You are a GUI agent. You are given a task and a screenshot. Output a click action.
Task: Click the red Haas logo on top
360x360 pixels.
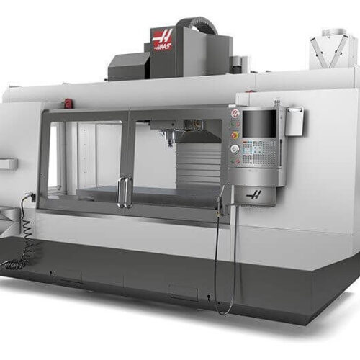(162, 40)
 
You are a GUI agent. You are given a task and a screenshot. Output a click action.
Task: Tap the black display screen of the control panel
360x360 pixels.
(260, 124)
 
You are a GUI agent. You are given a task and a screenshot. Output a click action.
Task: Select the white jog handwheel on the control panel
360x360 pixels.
(234, 149)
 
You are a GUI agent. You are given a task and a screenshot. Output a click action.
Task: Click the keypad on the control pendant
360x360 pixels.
(258, 151)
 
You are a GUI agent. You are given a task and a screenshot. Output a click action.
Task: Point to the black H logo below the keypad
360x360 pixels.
(254, 196)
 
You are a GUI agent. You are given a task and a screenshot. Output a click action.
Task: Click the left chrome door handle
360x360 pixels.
(120, 192)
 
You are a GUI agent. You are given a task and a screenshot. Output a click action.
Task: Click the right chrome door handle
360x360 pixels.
(129, 192)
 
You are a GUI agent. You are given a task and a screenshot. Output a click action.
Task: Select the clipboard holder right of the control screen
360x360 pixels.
(294, 122)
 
